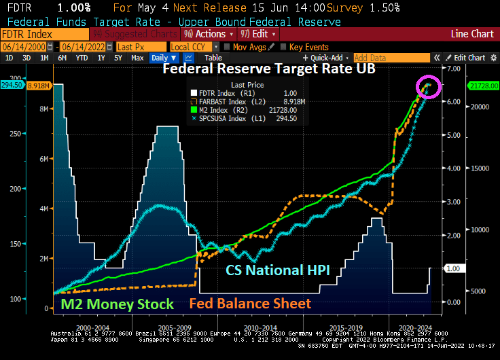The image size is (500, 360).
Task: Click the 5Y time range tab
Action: point(118,58)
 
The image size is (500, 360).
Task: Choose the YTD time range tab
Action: point(82,58)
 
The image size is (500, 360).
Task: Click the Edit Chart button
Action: point(469,58)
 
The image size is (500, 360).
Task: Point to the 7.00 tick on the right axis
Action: point(452,69)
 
